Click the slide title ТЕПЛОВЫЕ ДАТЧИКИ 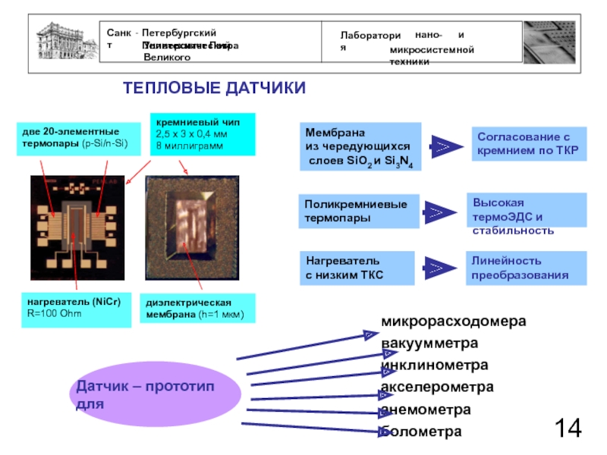(215, 89)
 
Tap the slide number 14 (568, 428)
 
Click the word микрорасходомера (453, 322)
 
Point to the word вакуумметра (430, 344)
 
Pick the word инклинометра (434, 366)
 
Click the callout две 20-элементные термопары (77, 138)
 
